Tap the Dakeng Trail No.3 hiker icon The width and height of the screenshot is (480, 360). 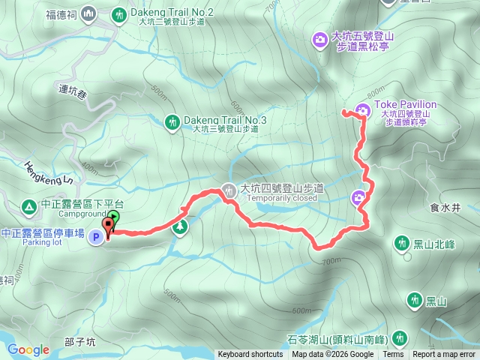[x=172, y=121]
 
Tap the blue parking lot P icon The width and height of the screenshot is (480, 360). [x=96, y=238]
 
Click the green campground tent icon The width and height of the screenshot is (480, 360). [x=28, y=205]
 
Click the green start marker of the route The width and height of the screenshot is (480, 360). [x=113, y=219]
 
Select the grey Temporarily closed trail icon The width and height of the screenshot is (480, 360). [x=228, y=191]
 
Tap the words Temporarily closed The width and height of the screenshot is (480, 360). [x=281, y=199]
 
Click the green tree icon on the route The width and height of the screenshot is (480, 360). [x=179, y=227]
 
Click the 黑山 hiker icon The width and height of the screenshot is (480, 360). [x=414, y=301]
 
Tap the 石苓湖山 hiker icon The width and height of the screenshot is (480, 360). [x=399, y=338]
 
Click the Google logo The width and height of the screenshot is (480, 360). [x=28, y=349]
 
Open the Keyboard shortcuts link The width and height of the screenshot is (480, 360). [x=250, y=355]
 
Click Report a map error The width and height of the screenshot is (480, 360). [x=444, y=355]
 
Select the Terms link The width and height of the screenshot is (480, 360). [x=393, y=355]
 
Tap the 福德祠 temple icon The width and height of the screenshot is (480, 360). [x=88, y=13]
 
